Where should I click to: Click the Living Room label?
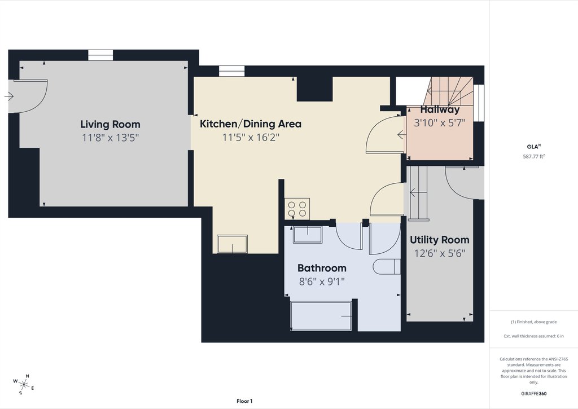click(110, 124)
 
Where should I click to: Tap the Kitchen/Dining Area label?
click(250, 124)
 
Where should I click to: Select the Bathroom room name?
click(322, 268)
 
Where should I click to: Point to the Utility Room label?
click(439, 240)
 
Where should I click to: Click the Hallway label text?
click(440, 109)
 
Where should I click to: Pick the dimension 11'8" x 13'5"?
click(110, 138)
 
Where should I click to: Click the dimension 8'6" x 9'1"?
click(322, 282)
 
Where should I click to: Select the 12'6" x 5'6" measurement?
click(439, 253)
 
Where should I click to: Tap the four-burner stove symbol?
click(297, 209)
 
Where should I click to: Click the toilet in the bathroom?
click(387, 266)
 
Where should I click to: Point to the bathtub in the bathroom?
click(321, 316)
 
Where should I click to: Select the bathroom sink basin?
click(308, 235)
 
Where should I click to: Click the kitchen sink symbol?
click(232, 244)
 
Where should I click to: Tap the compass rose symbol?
click(24, 385)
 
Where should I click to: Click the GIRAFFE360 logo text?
click(534, 394)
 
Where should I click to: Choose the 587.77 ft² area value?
click(534, 156)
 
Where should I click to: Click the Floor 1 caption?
click(244, 401)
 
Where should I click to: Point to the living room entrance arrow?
click(9, 96)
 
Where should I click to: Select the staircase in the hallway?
click(448, 91)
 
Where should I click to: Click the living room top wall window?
click(100, 55)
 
